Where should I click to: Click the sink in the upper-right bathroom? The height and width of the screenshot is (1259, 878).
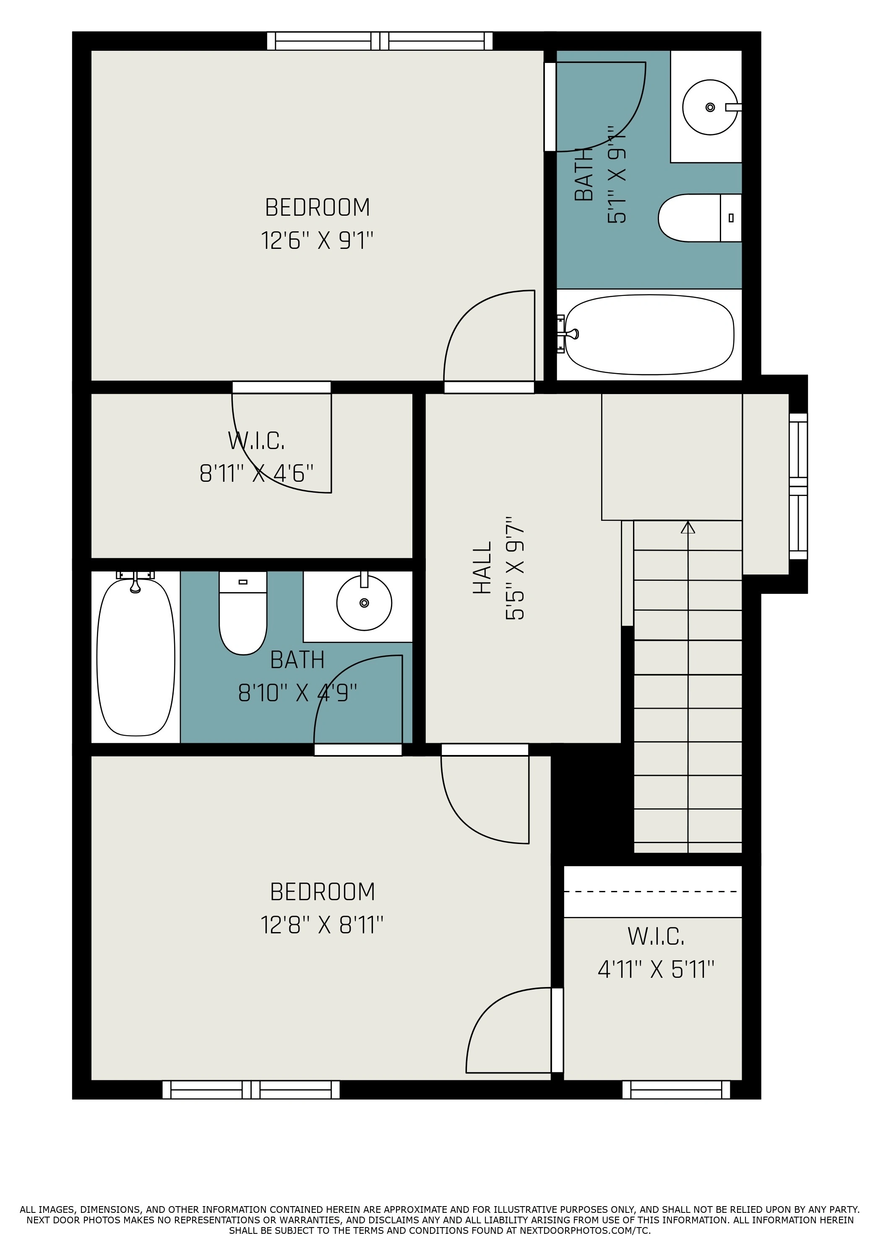pos(710,107)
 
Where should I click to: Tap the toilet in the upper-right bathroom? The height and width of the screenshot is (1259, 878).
pos(700,218)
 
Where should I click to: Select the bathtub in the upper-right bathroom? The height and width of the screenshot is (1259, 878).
pos(649,334)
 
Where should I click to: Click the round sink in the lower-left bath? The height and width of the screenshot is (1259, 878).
pos(364,603)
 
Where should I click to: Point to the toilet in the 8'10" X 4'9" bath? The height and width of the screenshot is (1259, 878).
pos(243,612)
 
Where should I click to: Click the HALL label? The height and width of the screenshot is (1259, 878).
pos(482,568)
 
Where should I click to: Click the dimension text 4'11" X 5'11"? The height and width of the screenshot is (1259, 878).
pos(656,969)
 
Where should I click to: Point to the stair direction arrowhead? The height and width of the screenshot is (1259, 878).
pos(688,528)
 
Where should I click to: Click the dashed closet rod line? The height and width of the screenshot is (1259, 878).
pos(652,892)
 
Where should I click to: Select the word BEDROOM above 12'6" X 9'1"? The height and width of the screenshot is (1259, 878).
pos(317,207)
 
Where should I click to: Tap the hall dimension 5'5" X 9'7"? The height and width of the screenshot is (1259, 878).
pos(515,568)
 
